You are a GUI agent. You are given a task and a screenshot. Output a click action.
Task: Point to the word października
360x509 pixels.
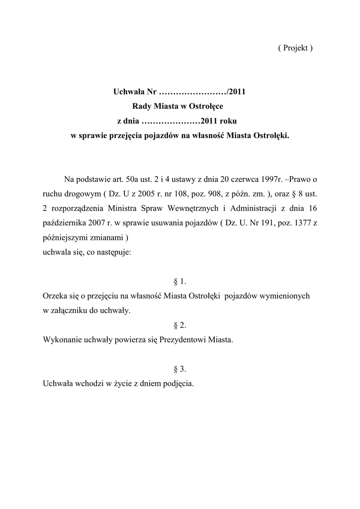tap(65, 223)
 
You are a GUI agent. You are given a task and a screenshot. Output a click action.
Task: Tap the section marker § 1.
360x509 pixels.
tap(180, 281)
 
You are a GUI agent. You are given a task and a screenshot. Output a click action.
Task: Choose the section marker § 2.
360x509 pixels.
tap(180, 325)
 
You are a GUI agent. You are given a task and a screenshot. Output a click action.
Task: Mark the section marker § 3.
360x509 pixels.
tap(180, 369)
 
